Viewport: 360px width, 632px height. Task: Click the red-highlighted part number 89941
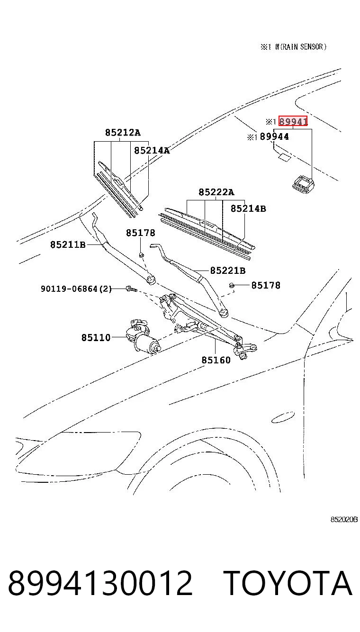pyautogui.click(x=293, y=121)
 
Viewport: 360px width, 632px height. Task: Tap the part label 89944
pyautogui.click(x=274, y=137)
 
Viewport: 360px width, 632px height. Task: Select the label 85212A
pyautogui.click(x=123, y=132)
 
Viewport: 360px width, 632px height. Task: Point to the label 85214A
pyautogui.click(x=152, y=150)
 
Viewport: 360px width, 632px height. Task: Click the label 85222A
pyautogui.click(x=216, y=192)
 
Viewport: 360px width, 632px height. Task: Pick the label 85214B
pyautogui.click(x=248, y=208)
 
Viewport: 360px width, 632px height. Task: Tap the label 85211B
pyautogui.click(x=68, y=244)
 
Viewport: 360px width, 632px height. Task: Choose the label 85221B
pyautogui.click(x=228, y=271)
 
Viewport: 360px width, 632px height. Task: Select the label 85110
pyautogui.click(x=96, y=337)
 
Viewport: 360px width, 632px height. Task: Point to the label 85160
pyautogui.click(x=216, y=360)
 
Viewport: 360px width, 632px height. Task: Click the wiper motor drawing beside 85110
pyautogui.click(x=143, y=336)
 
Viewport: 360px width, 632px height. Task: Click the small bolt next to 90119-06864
pyautogui.click(x=132, y=289)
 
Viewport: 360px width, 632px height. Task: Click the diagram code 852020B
pyautogui.click(x=344, y=519)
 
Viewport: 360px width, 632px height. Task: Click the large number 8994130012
pyautogui.click(x=100, y=583)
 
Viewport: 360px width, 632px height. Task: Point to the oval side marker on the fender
pyautogui.click(x=283, y=417)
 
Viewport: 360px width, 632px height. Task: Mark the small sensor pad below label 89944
pyautogui.click(x=284, y=157)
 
